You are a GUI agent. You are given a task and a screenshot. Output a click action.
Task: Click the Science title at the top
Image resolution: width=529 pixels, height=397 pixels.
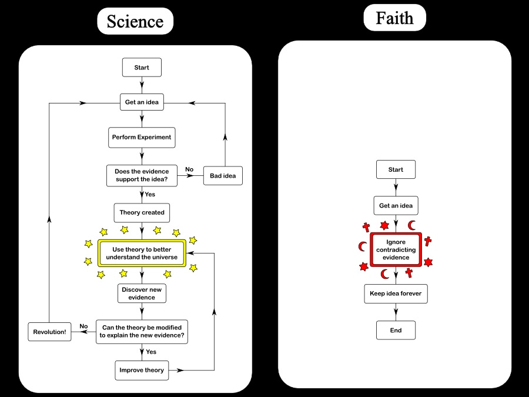[135, 22]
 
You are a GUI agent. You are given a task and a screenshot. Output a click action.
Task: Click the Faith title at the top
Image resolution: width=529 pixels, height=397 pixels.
[394, 18]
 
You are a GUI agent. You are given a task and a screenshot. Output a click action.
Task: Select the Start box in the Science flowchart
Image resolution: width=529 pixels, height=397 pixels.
[142, 68]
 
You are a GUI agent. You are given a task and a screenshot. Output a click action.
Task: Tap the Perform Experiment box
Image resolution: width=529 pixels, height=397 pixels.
[142, 137]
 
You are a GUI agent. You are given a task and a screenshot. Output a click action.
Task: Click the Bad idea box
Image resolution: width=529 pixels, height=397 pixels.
[223, 176]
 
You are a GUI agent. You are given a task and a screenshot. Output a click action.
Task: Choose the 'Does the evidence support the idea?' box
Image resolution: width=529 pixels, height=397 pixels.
[142, 176]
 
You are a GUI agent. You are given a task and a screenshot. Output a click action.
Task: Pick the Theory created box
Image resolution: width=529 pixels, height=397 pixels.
[142, 212]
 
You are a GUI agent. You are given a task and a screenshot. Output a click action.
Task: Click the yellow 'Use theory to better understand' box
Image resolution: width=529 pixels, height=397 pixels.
[142, 253]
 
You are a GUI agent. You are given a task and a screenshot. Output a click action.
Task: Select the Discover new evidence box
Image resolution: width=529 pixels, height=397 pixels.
[142, 293]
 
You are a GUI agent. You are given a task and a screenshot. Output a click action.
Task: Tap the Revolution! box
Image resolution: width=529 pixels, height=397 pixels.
[50, 332]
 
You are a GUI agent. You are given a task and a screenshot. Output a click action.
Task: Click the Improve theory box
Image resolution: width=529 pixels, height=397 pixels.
[142, 370]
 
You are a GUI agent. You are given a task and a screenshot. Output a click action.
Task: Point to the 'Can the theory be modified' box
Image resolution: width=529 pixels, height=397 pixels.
[142, 332]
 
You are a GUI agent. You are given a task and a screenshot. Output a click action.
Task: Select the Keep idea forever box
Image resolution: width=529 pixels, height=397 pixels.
[396, 293]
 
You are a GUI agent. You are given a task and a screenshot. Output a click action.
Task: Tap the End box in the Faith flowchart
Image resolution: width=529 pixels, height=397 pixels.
[396, 330]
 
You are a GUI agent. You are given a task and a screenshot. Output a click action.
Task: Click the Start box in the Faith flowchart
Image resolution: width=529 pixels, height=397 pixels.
[396, 169]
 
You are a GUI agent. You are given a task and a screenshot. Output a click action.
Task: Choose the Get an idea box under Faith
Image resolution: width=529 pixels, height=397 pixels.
[396, 206]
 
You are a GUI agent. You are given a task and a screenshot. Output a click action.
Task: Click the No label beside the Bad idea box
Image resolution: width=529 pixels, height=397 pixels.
[189, 169]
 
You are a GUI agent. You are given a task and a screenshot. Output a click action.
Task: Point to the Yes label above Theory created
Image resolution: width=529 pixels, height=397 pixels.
[150, 194]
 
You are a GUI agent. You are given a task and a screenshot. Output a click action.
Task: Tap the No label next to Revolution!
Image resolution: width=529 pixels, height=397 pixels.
[83, 326]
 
